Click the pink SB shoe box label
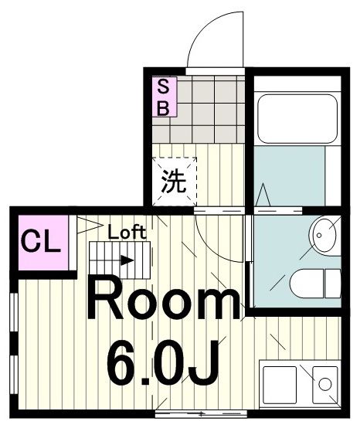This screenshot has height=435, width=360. point(164,97)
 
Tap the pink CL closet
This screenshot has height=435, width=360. point(41,242)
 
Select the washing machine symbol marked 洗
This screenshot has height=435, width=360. point(174,182)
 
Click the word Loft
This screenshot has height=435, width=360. point(126,231)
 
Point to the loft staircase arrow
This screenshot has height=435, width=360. point(126,260)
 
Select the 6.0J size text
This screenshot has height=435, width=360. point(162,362)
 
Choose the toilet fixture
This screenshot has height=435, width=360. point(317,283)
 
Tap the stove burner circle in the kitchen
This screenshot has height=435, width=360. point(325,382)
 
